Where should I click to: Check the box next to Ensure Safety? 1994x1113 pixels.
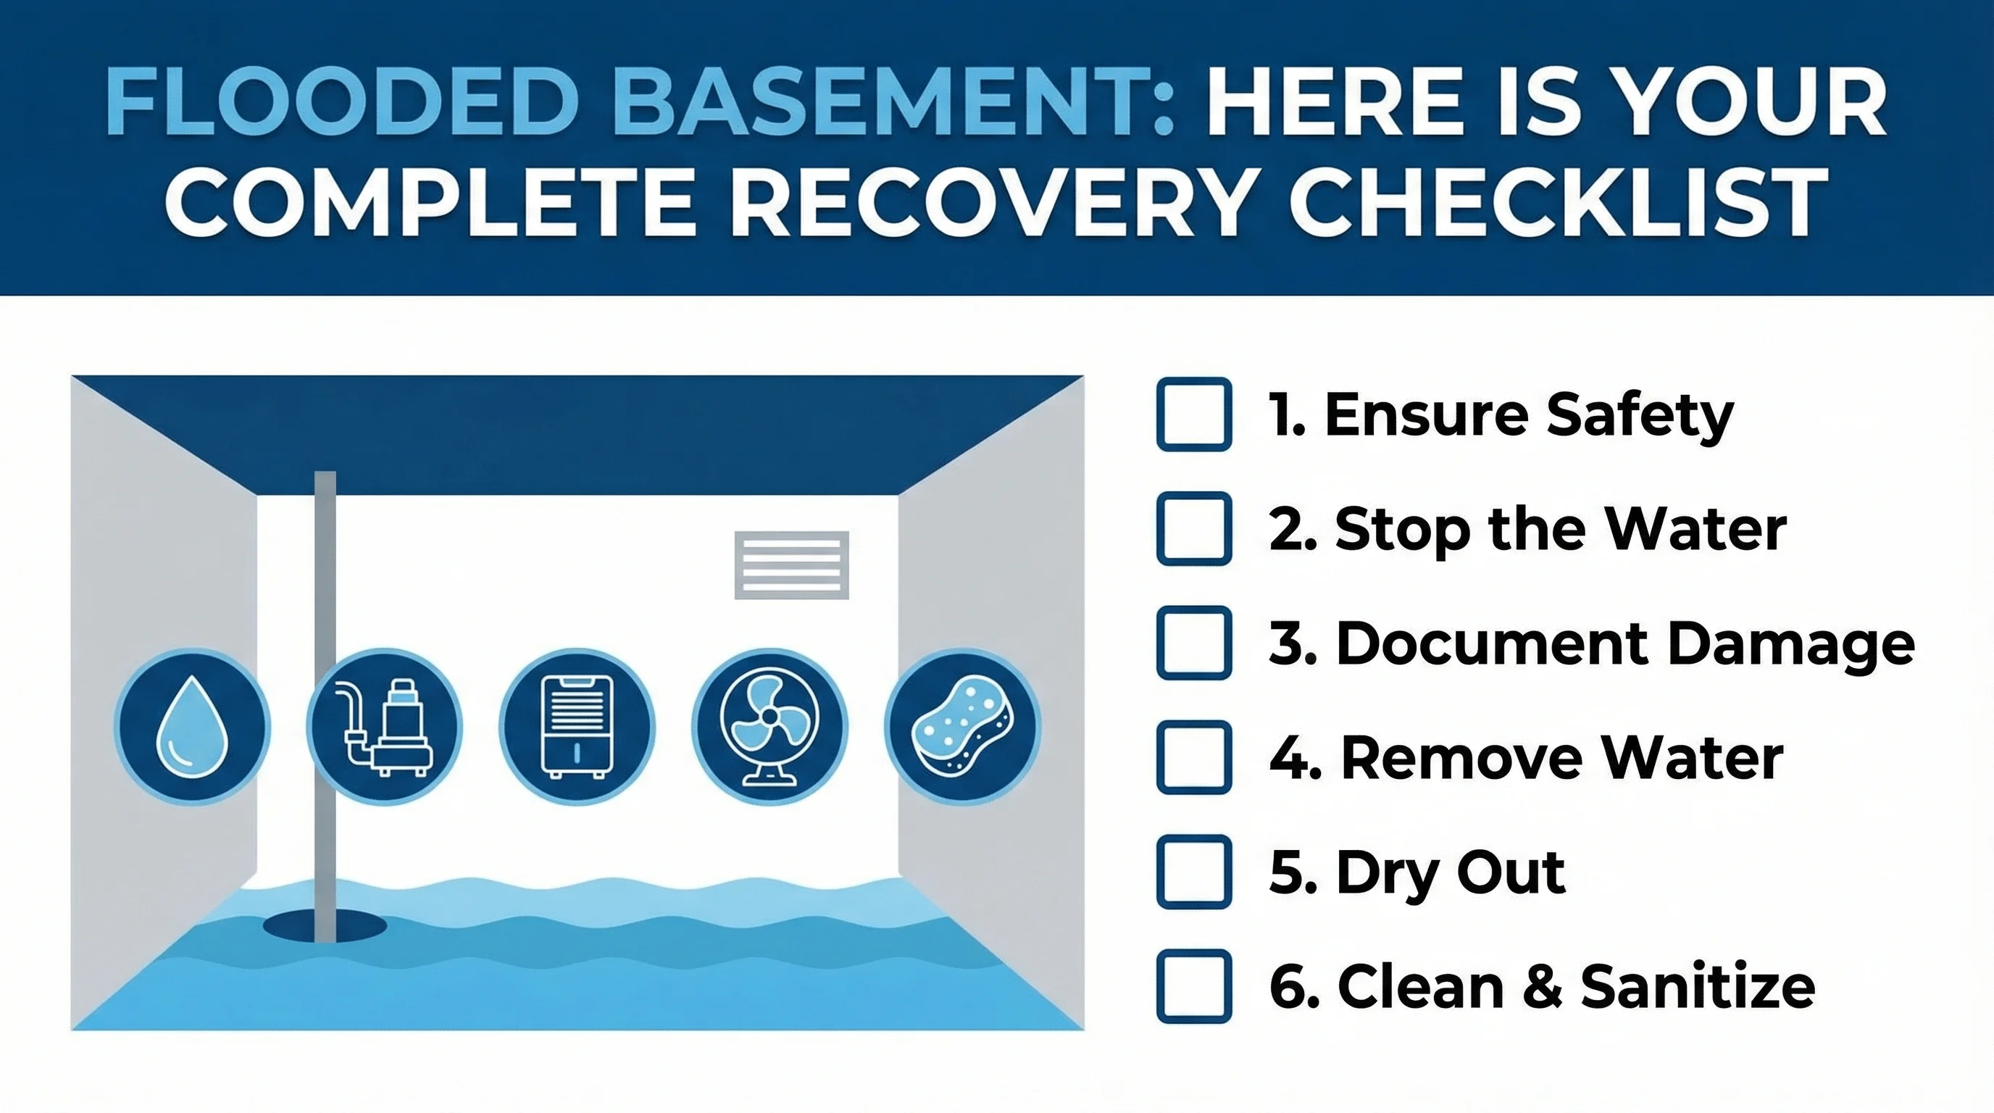point(1193,414)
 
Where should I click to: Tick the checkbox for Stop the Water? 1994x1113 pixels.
point(1193,529)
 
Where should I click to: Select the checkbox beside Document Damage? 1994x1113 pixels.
point(1193,643)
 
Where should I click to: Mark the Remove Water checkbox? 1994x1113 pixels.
point(1193,757)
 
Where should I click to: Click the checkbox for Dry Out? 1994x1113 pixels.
point(1193,872)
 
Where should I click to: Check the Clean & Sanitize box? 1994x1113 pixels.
point(1193,986)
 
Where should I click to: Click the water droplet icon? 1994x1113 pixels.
point(193,727)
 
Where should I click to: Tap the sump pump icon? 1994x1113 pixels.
point(385,727)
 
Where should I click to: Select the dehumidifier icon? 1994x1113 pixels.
point(577,727)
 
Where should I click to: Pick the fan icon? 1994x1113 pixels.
point(769,727)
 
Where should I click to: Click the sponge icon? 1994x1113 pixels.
point(962,727)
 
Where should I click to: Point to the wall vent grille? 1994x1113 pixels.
point(791,565)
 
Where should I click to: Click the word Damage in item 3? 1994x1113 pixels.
point(1790,644)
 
